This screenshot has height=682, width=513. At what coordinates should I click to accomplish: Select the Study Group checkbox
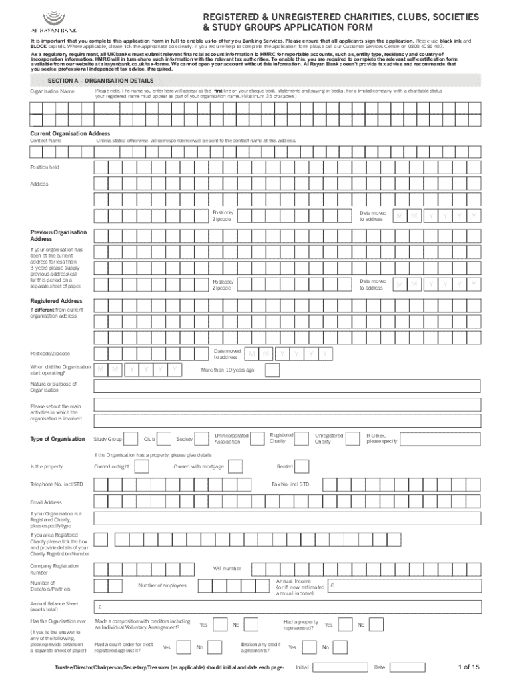click(133, 440)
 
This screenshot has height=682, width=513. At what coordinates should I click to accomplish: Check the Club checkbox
click(167, 440)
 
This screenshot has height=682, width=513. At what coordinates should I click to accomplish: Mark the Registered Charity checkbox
click(302, 438)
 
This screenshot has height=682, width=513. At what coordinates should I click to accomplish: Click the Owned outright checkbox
click(141, 466)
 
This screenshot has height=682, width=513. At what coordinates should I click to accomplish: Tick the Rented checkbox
click(305, 466)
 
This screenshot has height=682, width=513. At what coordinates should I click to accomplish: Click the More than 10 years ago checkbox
click(267, 370)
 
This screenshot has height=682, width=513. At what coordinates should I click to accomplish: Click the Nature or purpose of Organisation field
click(287, 387)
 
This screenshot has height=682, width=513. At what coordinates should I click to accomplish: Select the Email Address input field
click(287, 502)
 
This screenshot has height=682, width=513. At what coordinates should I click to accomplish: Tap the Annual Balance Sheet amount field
click(287, 607)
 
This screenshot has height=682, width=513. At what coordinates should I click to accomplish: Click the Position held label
click(45, 167)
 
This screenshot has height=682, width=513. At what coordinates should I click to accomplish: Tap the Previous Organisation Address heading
click(59, 235)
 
